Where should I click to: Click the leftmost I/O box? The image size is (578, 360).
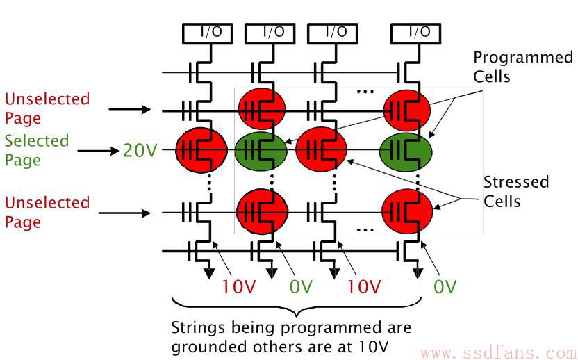coord(208,34)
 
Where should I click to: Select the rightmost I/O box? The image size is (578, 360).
coord(416,34)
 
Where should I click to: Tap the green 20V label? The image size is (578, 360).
coord(140,151)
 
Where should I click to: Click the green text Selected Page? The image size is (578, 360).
coord(37,151)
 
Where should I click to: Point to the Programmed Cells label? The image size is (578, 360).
coord(522,67)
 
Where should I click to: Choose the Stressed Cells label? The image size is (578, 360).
coord(516,192)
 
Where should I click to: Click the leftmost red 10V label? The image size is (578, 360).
coord(238,286)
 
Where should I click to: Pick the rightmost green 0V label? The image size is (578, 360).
coord(445,286)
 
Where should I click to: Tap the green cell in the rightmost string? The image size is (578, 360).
coord(406,152)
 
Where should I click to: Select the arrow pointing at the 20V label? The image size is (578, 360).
coord(99,151)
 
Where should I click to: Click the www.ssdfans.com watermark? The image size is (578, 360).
coord(499,353)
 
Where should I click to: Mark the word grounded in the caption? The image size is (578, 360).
coord(209,347)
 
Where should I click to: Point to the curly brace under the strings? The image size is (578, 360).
coord(297,306)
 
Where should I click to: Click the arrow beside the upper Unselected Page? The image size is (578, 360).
coord(130,109)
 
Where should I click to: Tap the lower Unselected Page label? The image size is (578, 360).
coord(47,213)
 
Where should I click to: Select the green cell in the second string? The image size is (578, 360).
coord(261,151)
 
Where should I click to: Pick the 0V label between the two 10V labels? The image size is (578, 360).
coord(301,286)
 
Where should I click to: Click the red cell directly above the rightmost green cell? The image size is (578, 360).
coord(407,110)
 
